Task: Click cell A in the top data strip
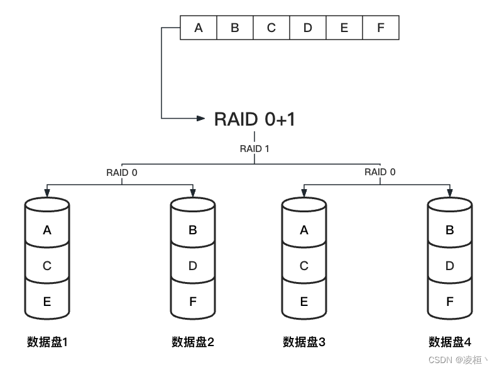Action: pos(199,28)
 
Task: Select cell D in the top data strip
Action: pos(308,28)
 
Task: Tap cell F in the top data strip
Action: pos(380,28)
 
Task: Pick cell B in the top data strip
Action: pos(235,28)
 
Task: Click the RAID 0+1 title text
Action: pos(254,119)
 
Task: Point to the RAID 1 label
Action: pos(254,149)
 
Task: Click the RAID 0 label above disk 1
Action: pos(122,172)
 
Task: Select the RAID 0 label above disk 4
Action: pos(380,172)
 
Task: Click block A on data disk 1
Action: pos(47,231)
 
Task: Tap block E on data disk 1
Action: pos(47,302)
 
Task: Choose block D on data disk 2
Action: pos(193,266)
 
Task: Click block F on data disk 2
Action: pos(193,302)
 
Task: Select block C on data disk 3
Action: pos(304,266)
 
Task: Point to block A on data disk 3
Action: pos(304,231)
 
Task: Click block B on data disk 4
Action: pos(450,231)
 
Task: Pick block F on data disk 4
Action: pos(450,302)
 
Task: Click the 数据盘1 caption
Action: pos(47,342)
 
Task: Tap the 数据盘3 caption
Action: pos(304,342)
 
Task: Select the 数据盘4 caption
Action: pos(450,342)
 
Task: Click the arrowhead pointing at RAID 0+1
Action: pos(201,117)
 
